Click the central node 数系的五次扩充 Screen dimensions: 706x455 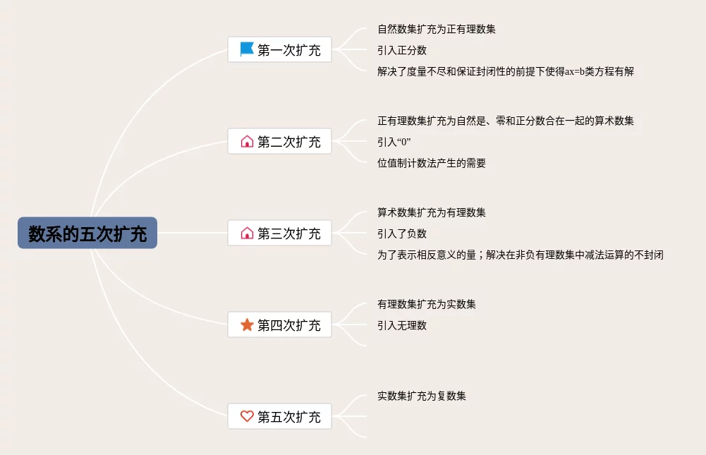click(87, 233)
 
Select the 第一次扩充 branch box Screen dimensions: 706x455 click(280, 50)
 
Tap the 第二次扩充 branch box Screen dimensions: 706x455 click(280, 142)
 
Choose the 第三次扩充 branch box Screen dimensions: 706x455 click(280, 233)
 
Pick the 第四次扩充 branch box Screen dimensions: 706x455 click(280, 325)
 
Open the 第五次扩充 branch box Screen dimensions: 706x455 click(280, 417)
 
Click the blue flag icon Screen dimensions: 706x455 click(247, 49)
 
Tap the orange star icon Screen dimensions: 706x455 click(247, 324)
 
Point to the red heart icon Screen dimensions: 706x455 click(247, 416)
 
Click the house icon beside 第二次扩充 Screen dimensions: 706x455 click(247, 142)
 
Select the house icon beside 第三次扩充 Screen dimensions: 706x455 click(247, 233)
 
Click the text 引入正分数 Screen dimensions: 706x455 click(402, 50)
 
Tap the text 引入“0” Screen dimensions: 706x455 click(394, 142)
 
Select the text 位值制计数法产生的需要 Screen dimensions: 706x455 click(432, 163)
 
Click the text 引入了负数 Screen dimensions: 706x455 click(402, 233)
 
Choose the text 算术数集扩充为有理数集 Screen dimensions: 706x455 click(432, 212)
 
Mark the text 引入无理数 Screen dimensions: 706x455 click(402, 325)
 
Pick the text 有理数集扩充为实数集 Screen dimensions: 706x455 click(427, 304)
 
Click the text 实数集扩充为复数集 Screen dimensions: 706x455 click(422, 396)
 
